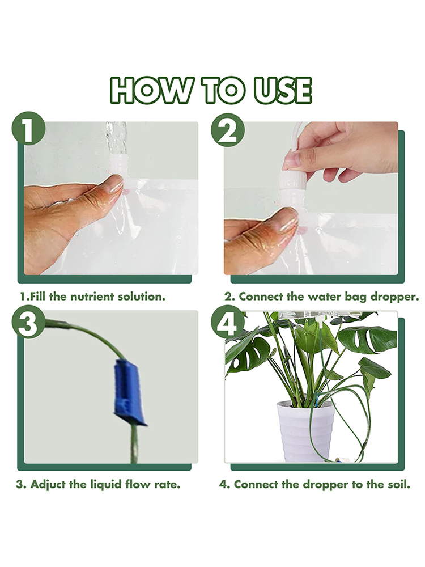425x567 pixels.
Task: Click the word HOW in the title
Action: [150, 90]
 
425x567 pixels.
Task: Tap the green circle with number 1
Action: [28, 129]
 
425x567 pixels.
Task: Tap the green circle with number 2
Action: [228, 130]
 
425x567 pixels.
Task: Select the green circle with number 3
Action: [28, 322]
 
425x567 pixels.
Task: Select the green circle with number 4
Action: [228, 322]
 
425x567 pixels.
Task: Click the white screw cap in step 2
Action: [293, 182]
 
